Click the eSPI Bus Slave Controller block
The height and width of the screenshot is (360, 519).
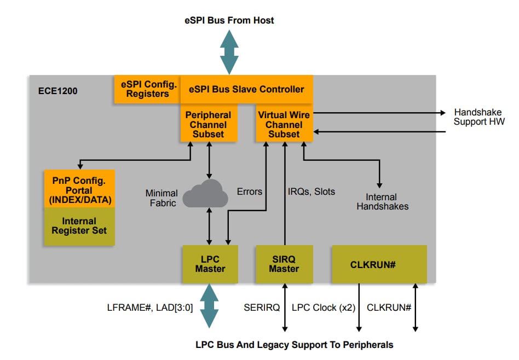click(x=246, y=89)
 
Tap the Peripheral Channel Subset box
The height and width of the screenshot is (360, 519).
click(x=208, y=124)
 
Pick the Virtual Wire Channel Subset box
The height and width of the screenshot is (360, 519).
click(x=284, y=124)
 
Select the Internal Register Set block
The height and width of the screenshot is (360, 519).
click(x=79, y=226)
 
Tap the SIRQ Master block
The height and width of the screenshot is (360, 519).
click(x=284, y=264)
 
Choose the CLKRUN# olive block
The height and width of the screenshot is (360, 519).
click(x=379, y=264)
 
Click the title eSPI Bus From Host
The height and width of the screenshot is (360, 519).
click(x=229, y=20)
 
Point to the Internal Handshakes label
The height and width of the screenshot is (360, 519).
click(x=382, y=201)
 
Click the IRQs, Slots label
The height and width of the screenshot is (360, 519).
click(x=311, y=191)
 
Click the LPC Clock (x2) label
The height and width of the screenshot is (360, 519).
click(x=323, y=307)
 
